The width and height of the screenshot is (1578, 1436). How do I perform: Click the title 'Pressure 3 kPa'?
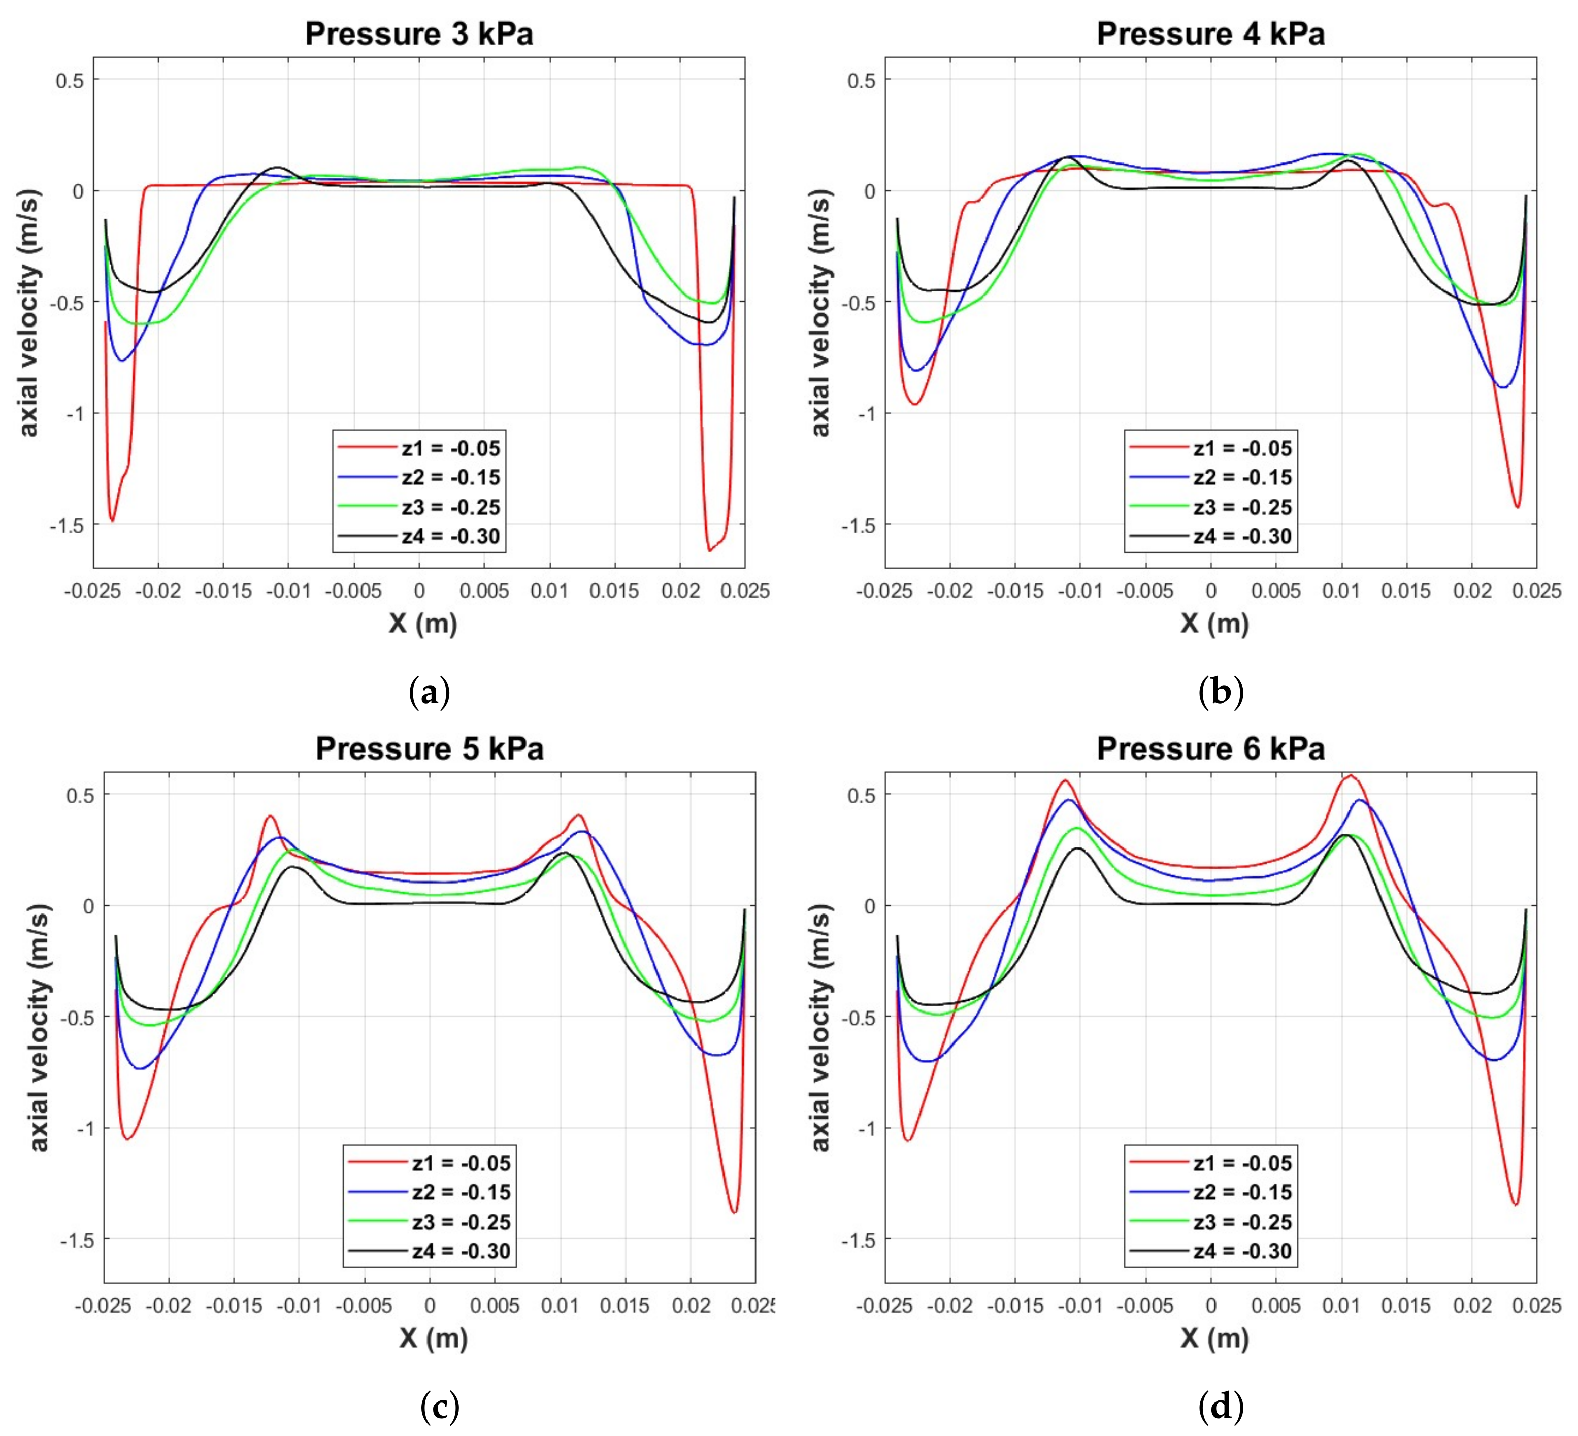(419, 34)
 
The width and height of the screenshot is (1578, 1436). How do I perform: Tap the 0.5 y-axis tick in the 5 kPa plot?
(80, 795)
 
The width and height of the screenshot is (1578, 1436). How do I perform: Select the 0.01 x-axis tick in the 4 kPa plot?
(1341, 591)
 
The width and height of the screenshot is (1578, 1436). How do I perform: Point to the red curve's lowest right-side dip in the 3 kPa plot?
(710, 550)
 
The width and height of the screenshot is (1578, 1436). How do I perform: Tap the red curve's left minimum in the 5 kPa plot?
(127, 1138)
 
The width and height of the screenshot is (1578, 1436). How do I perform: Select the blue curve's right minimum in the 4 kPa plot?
(1503, 387)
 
